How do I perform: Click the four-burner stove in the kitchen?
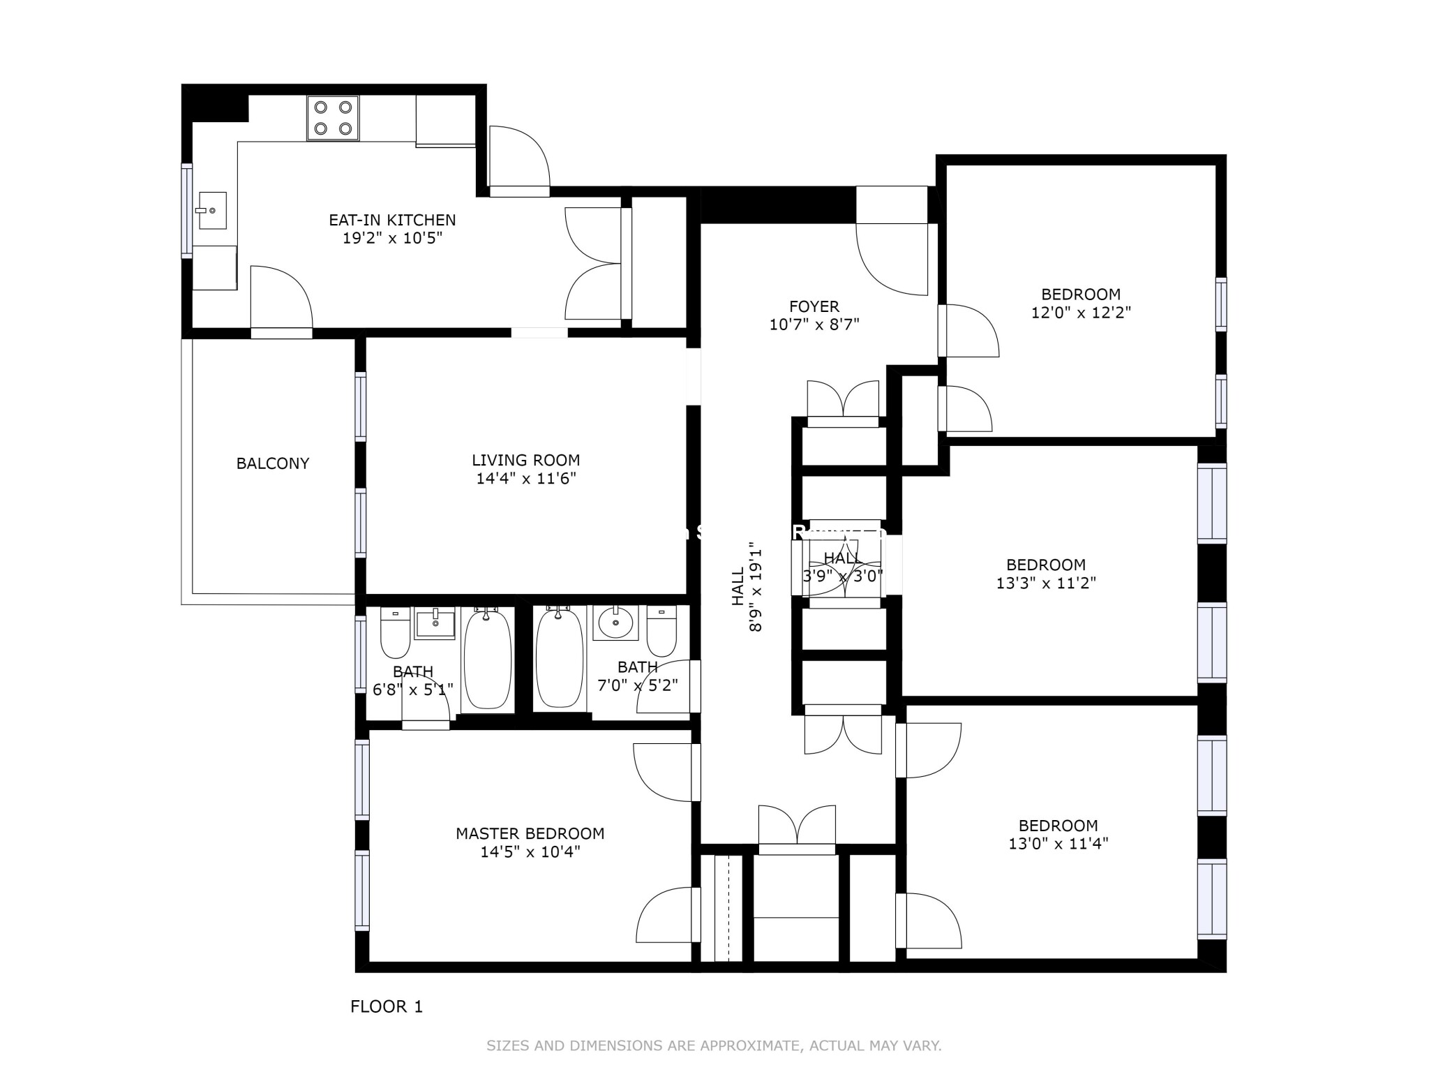[x=333, y=118]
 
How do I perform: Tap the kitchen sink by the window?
[x=212, y=210]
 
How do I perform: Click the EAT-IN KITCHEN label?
[x=392, y=220]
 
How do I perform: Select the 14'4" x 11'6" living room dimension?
[x=526, y=479]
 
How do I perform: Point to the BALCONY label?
[x=272, y=463]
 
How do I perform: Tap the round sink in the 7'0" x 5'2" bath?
[x=615, y=622]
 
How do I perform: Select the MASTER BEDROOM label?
[x=530, y=833]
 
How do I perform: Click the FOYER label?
[x=814, y=306]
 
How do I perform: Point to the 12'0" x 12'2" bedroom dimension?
[x=1081, y=313]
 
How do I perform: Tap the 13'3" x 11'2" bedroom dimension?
[x=1046, y=583]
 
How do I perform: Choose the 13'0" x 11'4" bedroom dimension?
[x=1058, y=844]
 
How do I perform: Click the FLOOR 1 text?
[x=386, y=1006]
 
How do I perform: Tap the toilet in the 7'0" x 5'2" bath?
[x=661, y=630]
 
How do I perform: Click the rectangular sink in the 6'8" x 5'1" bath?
[x=435, y=623]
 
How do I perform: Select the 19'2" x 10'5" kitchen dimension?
[x=392, y=238]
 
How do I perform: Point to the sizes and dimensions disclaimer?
[x=714, y=1045]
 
